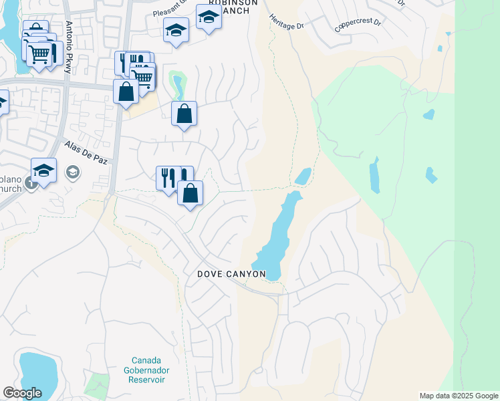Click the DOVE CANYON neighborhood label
click(x=232, y=275)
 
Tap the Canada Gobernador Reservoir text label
click(x=146, y=370)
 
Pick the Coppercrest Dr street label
click(x=358, y=26)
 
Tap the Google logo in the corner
click(x=22, y=393)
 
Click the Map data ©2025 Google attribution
click(x=459, y=396)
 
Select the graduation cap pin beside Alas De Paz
click(x=43, y=170)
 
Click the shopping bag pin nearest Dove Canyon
click(x=191, y=193)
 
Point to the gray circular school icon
click(x=72, y=173)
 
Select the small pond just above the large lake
click(x=303, y=176)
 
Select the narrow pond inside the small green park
click(x=178, y=85)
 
